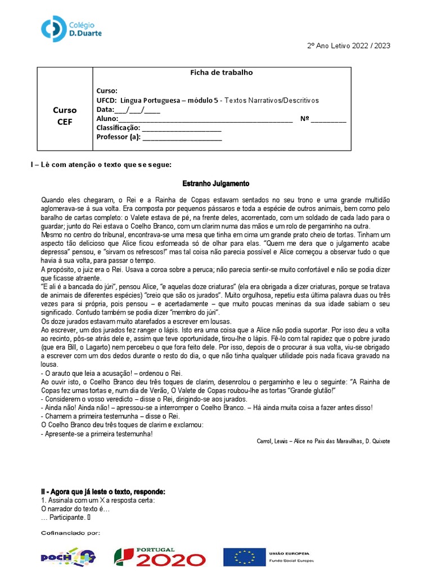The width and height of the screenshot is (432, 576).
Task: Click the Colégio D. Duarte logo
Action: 71,29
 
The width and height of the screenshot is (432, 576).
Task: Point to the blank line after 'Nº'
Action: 328,119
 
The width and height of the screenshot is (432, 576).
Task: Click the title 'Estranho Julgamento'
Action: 216,184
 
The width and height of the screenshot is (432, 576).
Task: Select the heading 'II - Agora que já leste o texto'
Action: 103,492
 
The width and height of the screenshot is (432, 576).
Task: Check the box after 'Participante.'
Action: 89,517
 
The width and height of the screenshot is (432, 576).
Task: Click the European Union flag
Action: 245,557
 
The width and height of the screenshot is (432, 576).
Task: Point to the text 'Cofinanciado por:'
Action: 70,532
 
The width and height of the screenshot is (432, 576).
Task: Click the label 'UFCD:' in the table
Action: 107,101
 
